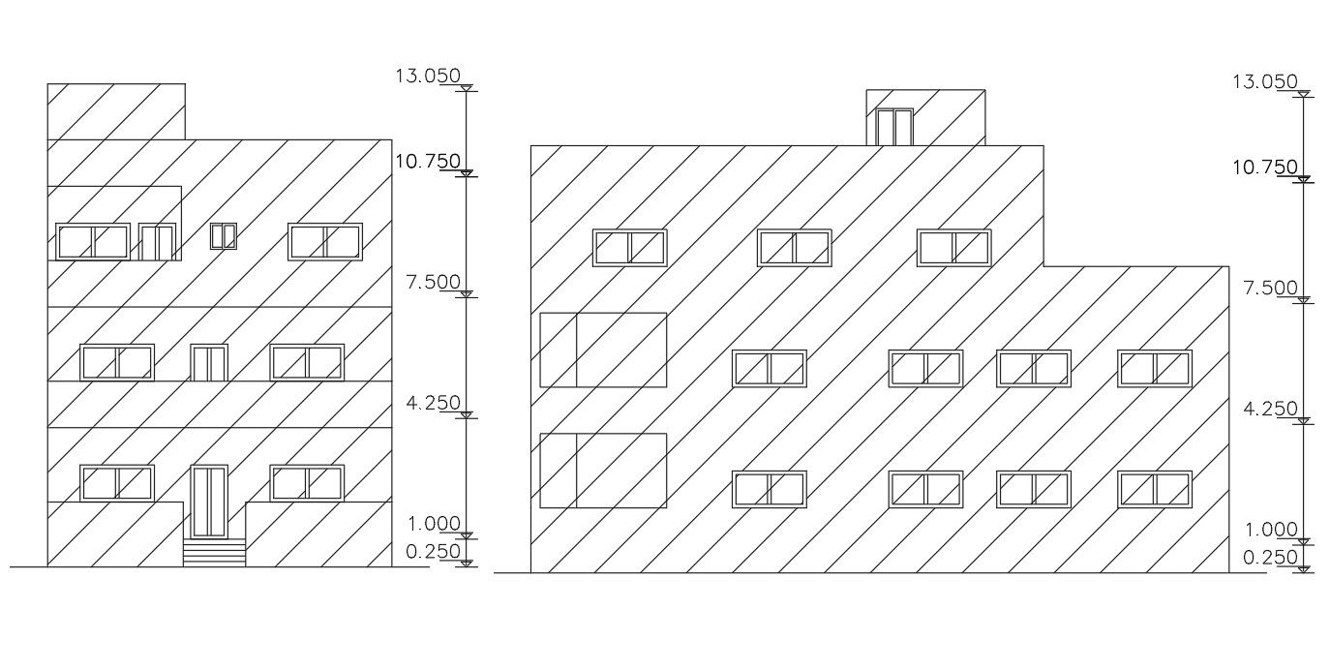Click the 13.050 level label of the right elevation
click(x=1264, y=82)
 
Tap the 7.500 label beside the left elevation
click(x=432, y=282)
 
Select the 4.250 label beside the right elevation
click(x=1270, y=410)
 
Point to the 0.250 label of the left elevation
click(x=432, y=551)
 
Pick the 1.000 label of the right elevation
click(x=1270, y=530)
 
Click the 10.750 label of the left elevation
click(x=427, y=162)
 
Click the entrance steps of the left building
click(x=214, y=553)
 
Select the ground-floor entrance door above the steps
click(x=208, y=501)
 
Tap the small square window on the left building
click(x=224, y=235)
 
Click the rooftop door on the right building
click(x=894, y=127)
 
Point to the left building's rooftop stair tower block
click(x=116, y=111)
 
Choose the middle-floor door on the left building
click(x=208, y=363)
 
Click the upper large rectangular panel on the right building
click(x=603, y=350)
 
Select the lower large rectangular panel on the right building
click(x=603, y=471)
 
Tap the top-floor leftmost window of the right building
click(x=630, y=248)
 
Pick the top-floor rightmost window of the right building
click(x=954, y=248)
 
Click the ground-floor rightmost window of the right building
click(x=1155, y=489)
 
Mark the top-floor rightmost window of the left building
click(x=325, y=242)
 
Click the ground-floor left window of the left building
click(x=117, y=483)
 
